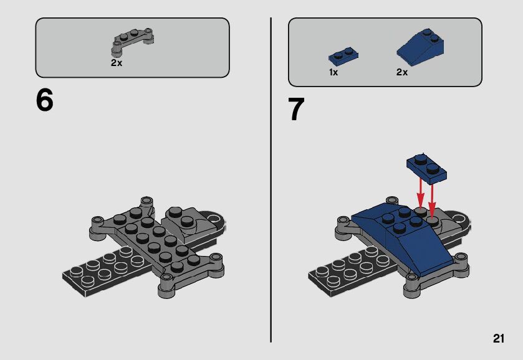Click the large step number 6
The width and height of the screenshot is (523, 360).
point(44,100)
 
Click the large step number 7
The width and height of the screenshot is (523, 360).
point(296,110)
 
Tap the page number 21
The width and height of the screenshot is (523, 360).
point(499,338)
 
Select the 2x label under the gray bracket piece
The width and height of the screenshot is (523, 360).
point(117,63)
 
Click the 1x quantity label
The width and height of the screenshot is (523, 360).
point(333,72)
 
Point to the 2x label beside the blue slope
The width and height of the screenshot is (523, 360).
point(402,72)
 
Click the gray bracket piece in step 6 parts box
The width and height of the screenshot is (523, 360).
point(132,40)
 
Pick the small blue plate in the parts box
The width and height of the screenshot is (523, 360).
point(343,56)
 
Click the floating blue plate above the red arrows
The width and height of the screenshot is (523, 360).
point(426,168)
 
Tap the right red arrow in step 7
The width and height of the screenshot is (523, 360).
point(432,200)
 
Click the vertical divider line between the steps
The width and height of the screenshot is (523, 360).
point(271,180)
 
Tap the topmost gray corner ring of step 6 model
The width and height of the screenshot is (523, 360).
point(146,202)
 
